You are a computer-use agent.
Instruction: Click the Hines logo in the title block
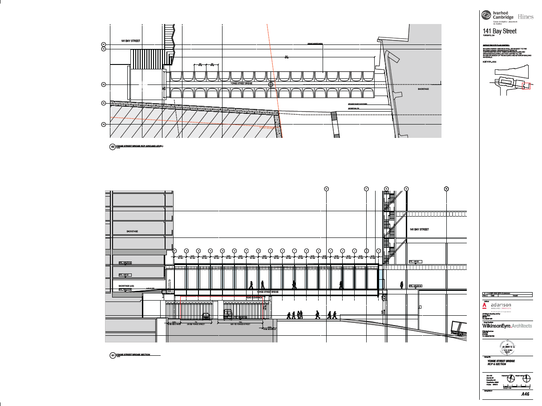coord(525,16)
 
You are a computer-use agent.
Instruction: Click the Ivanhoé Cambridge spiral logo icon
coord(487,16)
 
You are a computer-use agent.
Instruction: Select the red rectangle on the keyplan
coord(526,85)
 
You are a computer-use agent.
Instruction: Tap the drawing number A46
coord(525,394)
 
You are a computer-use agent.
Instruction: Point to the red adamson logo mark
coord(485,306)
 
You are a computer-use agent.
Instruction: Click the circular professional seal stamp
coord(507,344)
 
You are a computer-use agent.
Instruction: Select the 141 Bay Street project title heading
coord(500,31)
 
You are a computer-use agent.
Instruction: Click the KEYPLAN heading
coord(489,62)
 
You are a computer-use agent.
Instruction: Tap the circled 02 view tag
coord(113,147)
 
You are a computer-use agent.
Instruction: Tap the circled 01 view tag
coord(113,355)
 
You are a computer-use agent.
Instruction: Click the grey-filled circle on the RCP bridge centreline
coord(270,84)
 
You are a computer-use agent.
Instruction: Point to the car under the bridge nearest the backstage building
coord(206,316)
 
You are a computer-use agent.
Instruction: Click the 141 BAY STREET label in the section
coord(419,229)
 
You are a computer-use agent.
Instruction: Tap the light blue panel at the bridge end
coord(381,284)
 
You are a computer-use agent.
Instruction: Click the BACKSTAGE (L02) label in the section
coord(126,285)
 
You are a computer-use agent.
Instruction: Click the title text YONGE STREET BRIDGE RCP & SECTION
coord(501,362)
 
